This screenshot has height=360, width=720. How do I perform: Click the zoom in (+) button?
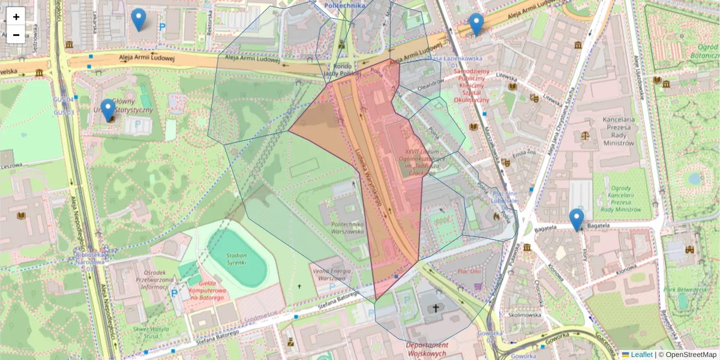tap(16, 17)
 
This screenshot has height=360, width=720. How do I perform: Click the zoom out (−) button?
tap(16, 35)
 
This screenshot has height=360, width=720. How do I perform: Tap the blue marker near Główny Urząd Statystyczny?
tap(108, 110)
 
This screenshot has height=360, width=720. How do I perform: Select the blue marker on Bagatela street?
tap(577, 220)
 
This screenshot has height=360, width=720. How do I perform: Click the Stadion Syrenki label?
tap(236, 259)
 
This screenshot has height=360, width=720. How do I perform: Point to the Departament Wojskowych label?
tap(427, 349)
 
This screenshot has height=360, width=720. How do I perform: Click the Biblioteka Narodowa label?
tap(92, 259)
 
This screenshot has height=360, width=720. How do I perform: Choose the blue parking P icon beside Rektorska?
tap(161, 27)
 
